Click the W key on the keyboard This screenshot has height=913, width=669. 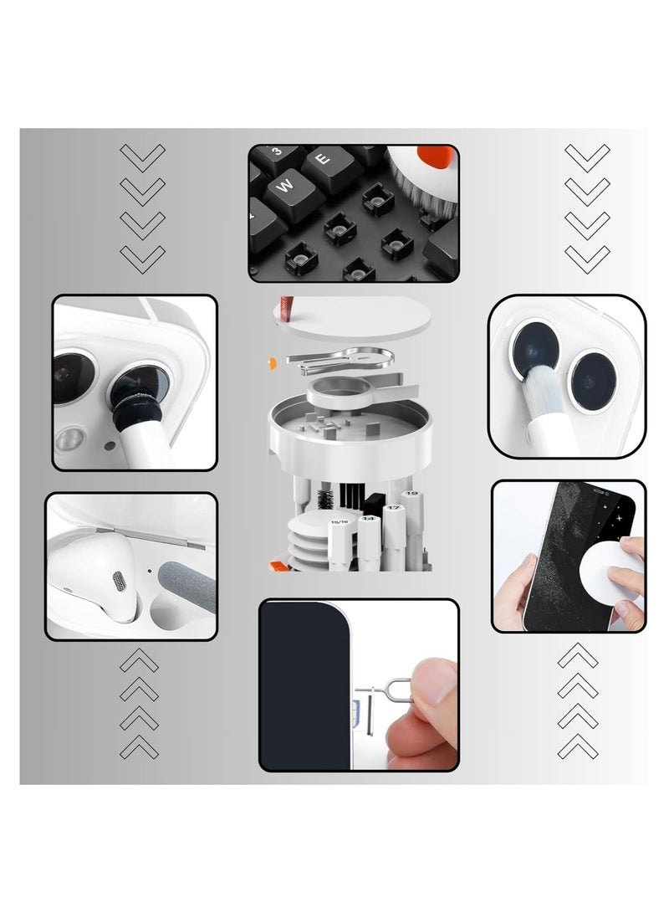pyautogui.click(x=284, y=187)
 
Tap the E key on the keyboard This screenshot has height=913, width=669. pyautogui.click(x=324, y=156)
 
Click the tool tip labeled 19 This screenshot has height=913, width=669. pyautogui.click(x=411, y=502)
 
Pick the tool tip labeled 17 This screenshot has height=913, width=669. pyautogui.click(x=391, y=513)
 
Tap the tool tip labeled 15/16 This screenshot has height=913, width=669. pyautogui.click(x=340, y=526)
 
